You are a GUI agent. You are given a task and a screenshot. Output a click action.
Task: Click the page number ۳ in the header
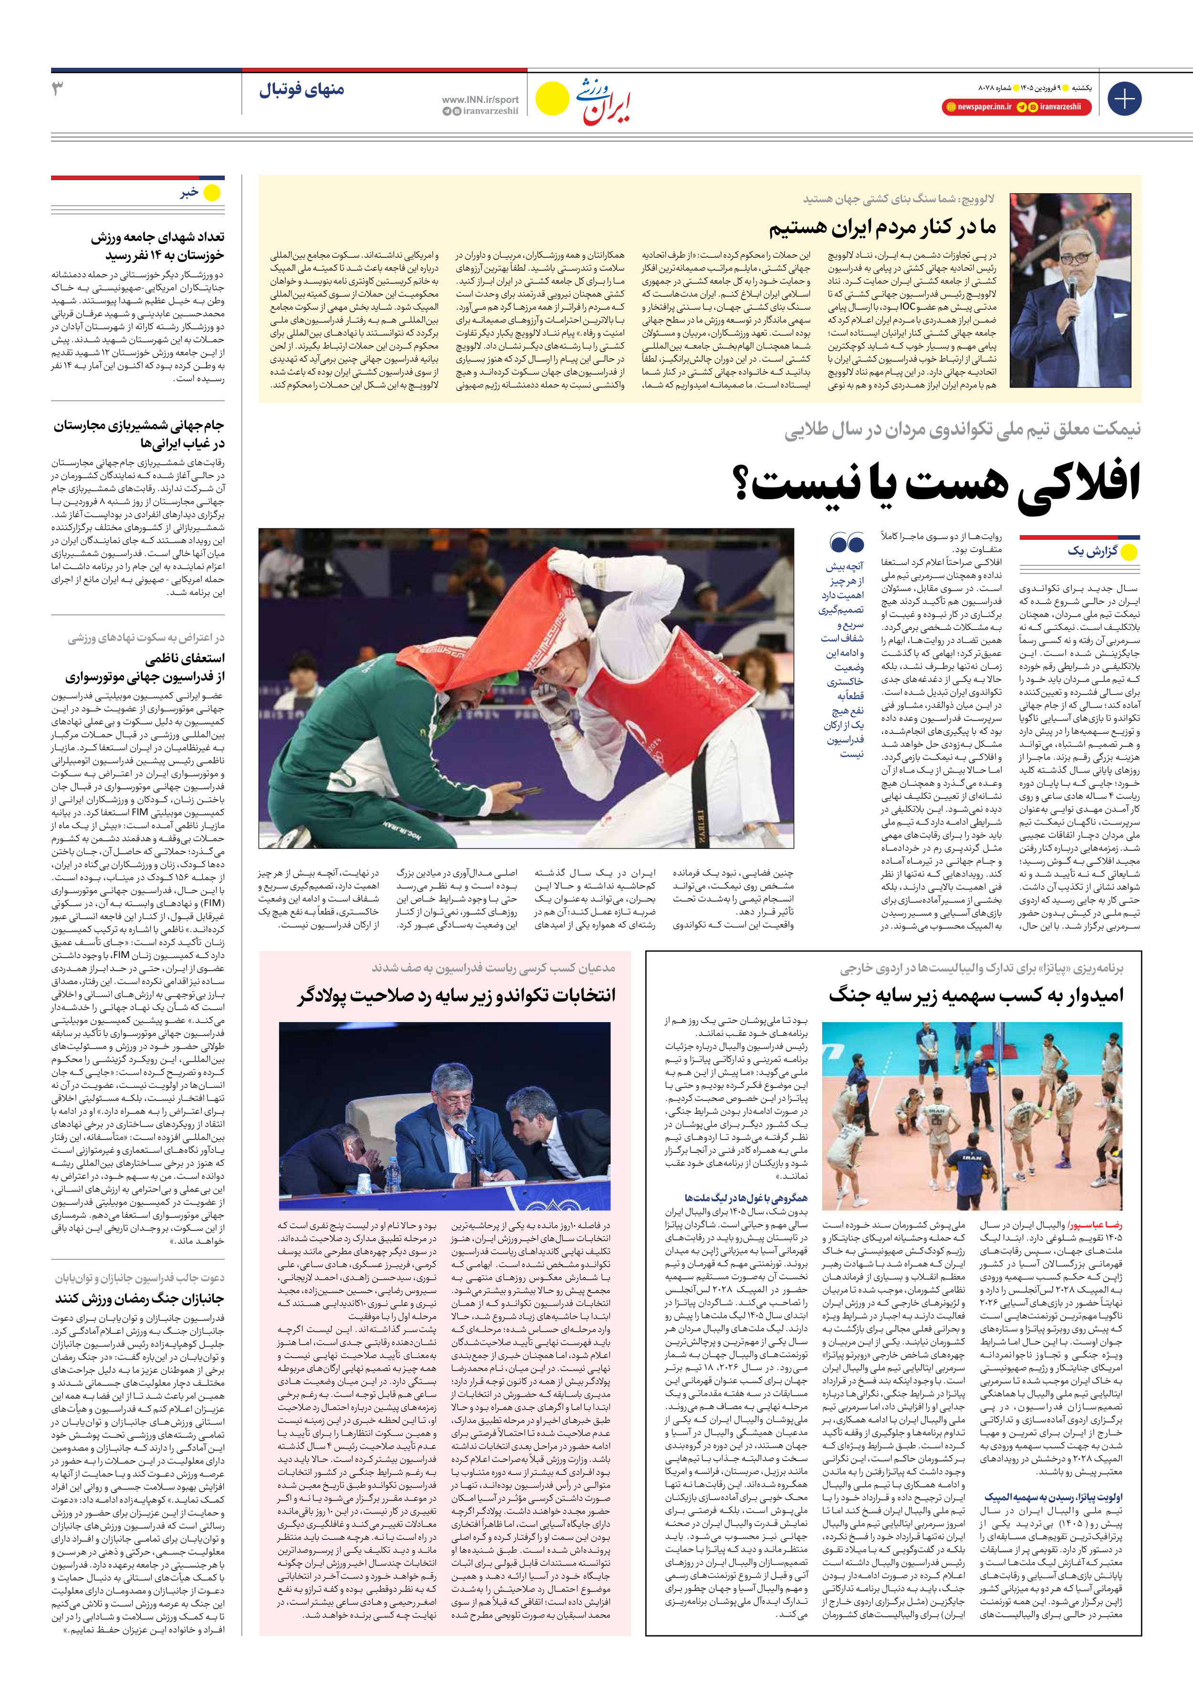click(58, 90)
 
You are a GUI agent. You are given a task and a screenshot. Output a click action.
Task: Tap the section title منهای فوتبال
click(302, 91)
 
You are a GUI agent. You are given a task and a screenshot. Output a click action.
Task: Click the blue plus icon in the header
click(1124, 99)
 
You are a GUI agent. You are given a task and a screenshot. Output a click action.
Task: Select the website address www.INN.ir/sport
click(480, 99)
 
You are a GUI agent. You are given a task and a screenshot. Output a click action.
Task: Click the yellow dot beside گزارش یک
click(1129, 552)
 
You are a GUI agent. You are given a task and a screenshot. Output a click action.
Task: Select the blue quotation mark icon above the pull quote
click(847, 543)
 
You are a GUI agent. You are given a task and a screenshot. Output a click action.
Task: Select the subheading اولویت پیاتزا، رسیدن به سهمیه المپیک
click(1054, 1476)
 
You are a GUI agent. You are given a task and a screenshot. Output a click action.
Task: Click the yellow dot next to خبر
click(212, 193)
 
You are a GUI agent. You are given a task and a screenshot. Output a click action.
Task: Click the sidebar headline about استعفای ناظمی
click(145, 667)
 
